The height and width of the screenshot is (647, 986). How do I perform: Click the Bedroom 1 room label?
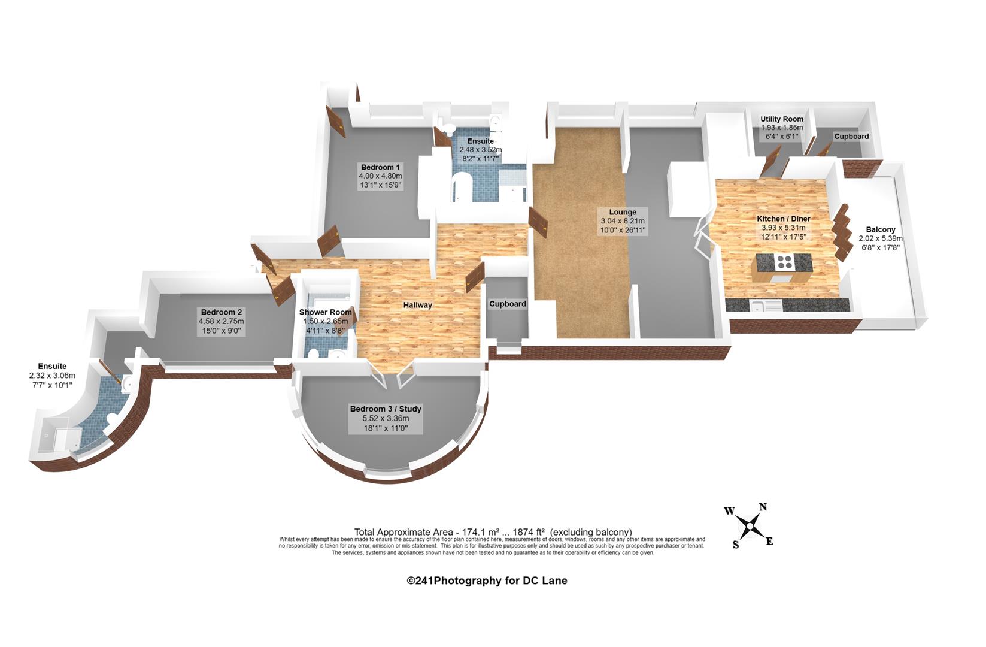pyautogui.click(x=380, y=167)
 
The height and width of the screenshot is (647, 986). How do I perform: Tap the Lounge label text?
pyautogui.click(x=623, y=212)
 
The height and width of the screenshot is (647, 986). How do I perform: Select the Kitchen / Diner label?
pyautogui.click(x=784, y=219)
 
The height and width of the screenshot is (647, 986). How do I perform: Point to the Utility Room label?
pyautogui.click(x=782, y=119)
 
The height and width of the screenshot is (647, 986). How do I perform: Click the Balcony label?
pyautogui.click(x=881, y=229)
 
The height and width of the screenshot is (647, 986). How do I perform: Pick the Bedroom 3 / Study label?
pyautogui.click(x=386, y=409)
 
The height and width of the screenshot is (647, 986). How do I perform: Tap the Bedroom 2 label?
pyautogui.click(x=221, y=312)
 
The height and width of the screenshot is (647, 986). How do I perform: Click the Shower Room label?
pyautogui.click(x=325, y=312)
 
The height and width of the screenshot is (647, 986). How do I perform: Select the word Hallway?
pyautogui.click(x=418, y=305)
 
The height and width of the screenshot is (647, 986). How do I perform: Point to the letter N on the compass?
pyautogui.click(x=763, y=507)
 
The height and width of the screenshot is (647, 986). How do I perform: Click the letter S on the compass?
pyautogui.click(x=736, y=545)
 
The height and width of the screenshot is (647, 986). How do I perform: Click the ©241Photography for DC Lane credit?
pyautogui.click(x=487, y=581)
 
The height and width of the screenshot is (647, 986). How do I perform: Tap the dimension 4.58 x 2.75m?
pyautogui.click(x=221, y=322)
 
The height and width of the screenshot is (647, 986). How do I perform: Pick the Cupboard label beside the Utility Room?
pyautogui.click(x=851, y=137)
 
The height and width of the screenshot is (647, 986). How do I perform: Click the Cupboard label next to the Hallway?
pyautogui.click(x=508, y=304)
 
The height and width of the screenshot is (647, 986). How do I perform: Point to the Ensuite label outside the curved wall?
pyautogui.click(x=52, y=366)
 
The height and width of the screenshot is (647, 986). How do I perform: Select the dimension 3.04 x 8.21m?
pyautogui.click(x=623, y=221)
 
